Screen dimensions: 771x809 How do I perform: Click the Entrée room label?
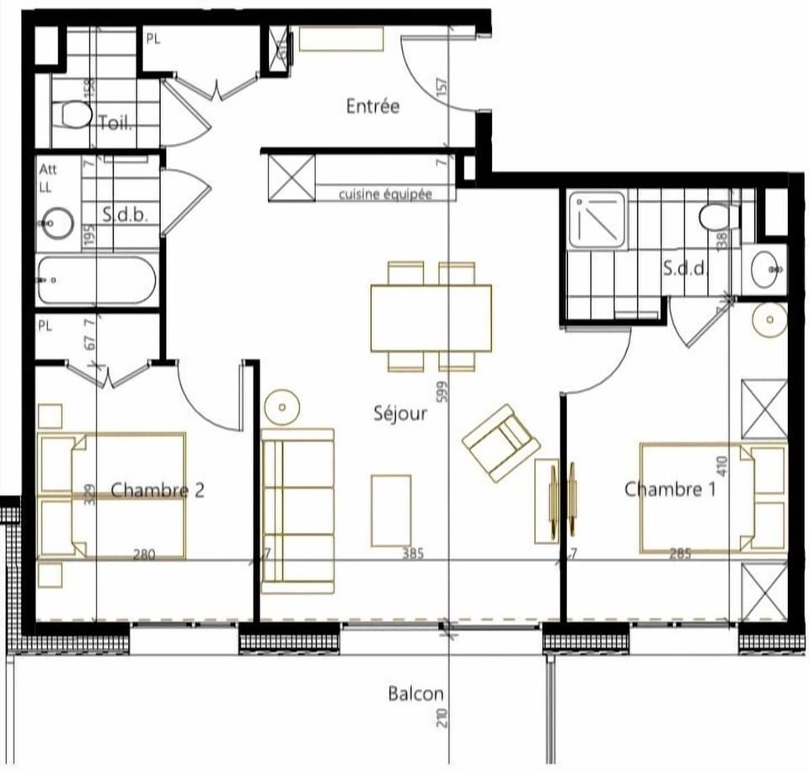click(x=372, y=106)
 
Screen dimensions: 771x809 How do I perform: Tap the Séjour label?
click(x=400, y=413)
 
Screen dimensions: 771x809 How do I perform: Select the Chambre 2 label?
click(x=158, y=490)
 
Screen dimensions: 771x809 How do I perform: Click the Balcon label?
click(x=415, y=694)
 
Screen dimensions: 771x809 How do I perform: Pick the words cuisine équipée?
click(x=385, y=194)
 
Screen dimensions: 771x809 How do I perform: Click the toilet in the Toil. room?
click(x=75, y=115)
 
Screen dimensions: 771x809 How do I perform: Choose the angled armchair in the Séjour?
click(x=501, y=443)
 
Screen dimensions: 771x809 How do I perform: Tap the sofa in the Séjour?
click(x=297, y=510)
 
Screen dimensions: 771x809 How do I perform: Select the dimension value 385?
click(x=412, y=554)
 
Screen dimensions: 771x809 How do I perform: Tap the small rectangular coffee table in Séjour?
click(x=391, y=510)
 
